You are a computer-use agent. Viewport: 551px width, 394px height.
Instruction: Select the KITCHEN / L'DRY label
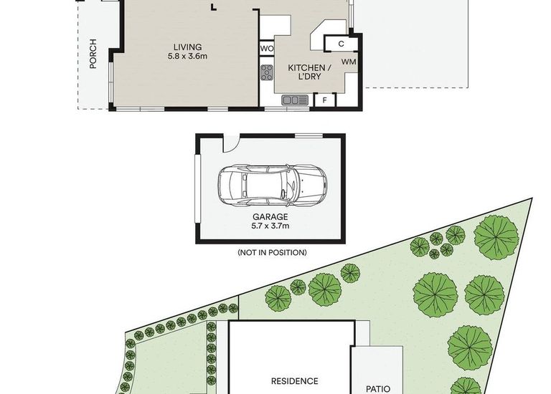pos(309,72)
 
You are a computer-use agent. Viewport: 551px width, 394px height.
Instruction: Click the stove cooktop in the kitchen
pos(267,72)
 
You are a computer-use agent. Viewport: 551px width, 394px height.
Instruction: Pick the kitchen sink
pos(294,100)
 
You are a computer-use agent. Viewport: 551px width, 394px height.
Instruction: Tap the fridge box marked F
pos(324,100)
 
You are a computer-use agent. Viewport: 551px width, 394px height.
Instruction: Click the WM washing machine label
pos(348,62)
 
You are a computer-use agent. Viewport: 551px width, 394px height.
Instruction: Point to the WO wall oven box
pos(266,49)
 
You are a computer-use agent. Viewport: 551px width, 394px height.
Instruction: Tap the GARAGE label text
pos(270,216)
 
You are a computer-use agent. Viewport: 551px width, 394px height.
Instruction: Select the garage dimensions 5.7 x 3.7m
pos(270,226)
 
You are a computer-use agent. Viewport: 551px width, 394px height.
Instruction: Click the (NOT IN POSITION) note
pos(271,252)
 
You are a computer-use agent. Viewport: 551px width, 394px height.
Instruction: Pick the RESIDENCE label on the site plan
pos(294,381)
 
